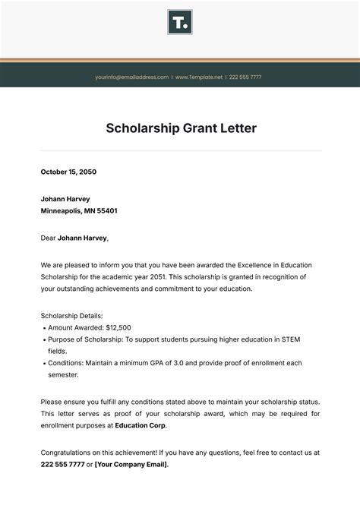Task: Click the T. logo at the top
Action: [180, 22]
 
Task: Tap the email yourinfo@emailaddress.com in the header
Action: [131, 77]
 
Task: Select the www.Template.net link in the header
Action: [199, 77]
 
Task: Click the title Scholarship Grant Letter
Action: [180, 128]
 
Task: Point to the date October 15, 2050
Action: [68, 172]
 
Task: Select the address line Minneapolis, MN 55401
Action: [78, 210]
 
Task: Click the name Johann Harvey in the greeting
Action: [82, 238]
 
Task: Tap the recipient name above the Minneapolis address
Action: [65, 199]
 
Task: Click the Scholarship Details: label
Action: [71, 315]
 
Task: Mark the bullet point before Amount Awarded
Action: [43, 327]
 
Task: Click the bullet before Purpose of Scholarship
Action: [43, 339]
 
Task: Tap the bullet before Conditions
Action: [43, 363]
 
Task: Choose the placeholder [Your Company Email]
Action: [131, 464]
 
